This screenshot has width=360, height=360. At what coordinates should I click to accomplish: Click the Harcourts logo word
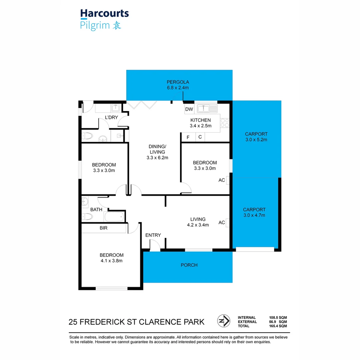click(104, 14)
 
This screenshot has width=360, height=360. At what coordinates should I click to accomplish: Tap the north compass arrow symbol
click(224, 321)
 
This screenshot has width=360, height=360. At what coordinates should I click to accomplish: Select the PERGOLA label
click(178, 82)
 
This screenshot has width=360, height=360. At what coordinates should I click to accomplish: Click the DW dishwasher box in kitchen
click(189, 109)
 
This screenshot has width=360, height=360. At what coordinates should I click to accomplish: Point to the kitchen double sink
click(207, 108)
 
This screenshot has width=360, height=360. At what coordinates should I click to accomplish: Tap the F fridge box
click(188, 137)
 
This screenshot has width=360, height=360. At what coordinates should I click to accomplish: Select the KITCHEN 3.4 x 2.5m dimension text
click(200, 126)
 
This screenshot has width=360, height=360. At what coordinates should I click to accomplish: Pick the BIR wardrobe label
click(103, 228)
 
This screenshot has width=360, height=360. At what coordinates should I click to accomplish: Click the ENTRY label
click(153, 235)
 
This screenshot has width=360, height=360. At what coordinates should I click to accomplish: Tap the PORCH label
click(189, 265)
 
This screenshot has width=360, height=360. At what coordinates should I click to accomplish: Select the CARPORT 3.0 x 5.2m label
click(256, 140)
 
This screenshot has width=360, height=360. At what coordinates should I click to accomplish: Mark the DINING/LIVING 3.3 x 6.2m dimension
click(157, 158)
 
